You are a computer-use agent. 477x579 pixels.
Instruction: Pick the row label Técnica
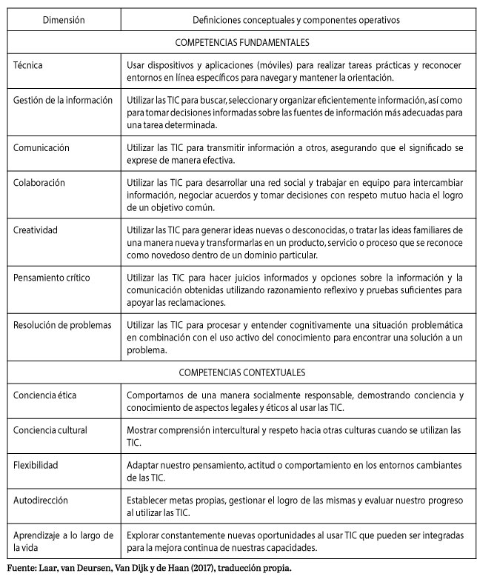pyautogui.click(x=28, y=65)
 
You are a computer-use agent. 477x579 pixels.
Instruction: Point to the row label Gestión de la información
pyautogui.click(x=63, y=99)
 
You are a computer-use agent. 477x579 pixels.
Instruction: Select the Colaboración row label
pyautogui.click(x=39, y=182)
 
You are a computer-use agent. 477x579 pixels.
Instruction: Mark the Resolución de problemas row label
pyautogui.click(x=62, y=324)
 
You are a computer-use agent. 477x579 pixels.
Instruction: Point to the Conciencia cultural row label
pyautogui.click(x=50, y=429)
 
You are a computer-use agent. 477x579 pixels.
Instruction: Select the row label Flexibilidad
pyautogui.click(x=36, y=465)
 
